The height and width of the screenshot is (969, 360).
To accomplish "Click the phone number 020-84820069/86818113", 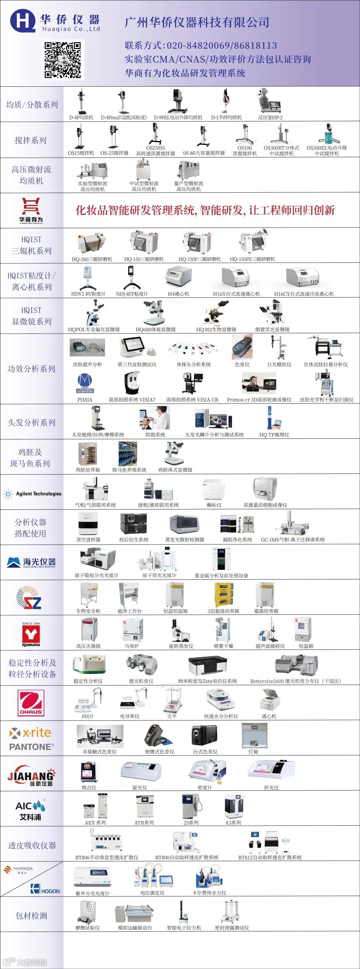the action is pos(222,46).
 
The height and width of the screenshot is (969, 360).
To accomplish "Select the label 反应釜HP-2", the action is pos(270,117).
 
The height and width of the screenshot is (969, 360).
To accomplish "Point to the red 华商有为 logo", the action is pos(31,210).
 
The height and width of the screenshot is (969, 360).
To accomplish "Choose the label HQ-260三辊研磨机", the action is pos(92,259).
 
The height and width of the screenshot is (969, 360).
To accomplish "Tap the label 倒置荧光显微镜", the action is pos(272,330).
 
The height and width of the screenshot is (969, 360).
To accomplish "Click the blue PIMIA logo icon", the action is pos(85,383).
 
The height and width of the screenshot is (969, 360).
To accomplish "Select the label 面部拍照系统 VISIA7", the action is pos(132,400).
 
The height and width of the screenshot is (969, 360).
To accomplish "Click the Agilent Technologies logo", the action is pos(32,494).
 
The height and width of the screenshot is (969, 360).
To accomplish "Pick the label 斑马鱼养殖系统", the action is pos(129,470).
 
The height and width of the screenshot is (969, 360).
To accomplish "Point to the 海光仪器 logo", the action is pos(32,562).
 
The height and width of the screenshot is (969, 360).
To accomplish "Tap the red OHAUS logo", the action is pos(32,703).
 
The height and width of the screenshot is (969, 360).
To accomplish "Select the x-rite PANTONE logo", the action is pos(32,739).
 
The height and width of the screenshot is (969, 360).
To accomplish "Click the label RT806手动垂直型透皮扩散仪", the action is pos(107,857).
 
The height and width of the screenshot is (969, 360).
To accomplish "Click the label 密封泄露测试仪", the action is pos(232,928).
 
